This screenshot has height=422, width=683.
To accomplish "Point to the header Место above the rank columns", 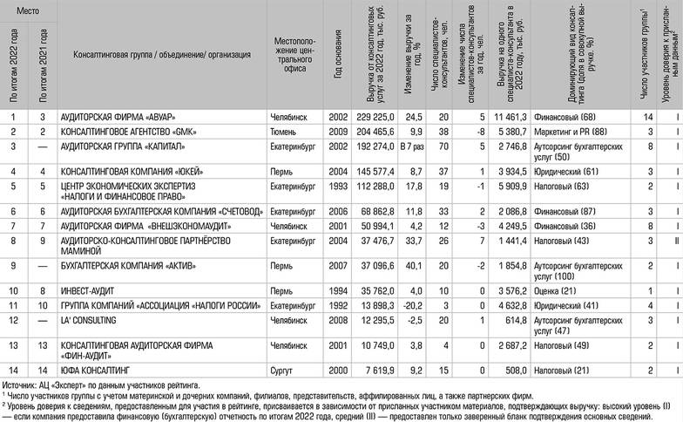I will pos(28,7).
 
